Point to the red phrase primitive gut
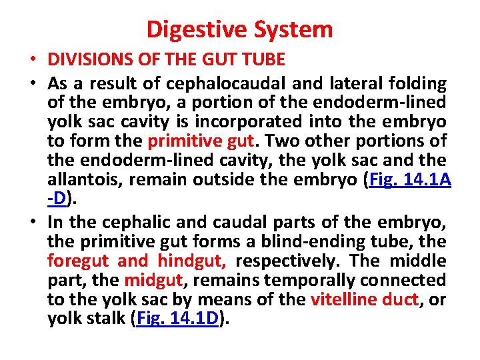tap(201, 141)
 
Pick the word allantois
tap(85, 180)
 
